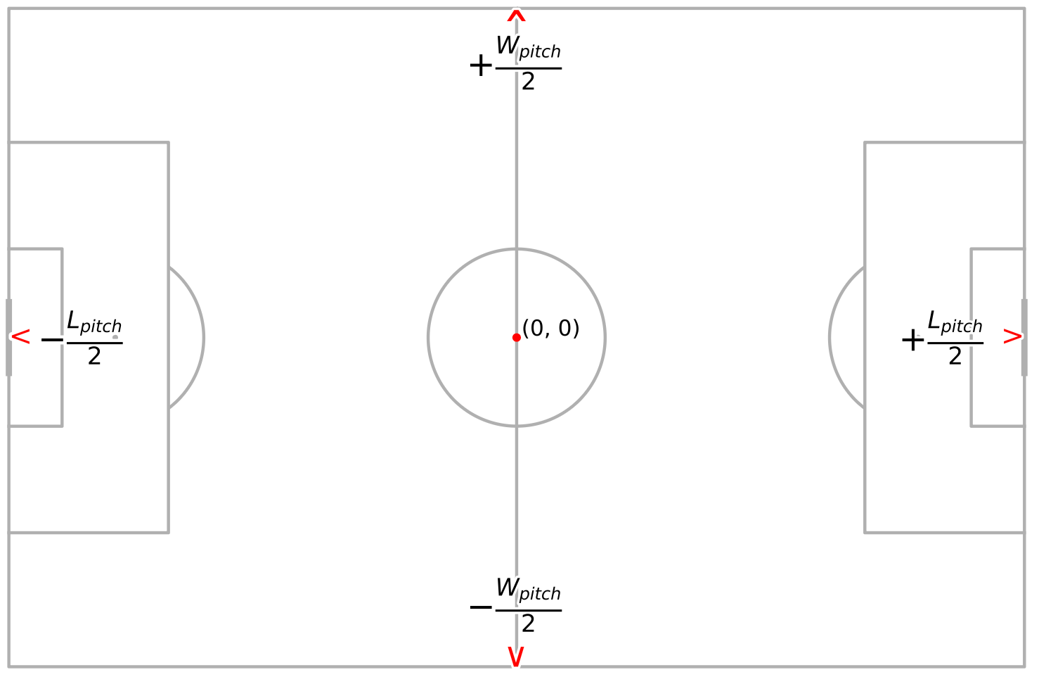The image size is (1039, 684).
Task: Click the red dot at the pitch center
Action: tap(517, 338)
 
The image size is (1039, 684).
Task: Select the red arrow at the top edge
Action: tap(517, 15)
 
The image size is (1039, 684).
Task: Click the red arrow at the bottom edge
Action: tap(516, 657)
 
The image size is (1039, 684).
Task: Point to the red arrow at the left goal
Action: tap(21, 338)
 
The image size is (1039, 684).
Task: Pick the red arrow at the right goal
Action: tap(1012, 338)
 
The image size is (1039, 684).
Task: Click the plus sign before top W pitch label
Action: tap(481, 66)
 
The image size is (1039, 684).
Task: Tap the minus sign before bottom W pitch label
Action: tap(481, 607)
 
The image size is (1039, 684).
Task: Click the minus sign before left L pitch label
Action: tap(52, 341)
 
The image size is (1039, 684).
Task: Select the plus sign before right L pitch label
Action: tap(912, 341)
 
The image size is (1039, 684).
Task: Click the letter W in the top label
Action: tap(507, 46)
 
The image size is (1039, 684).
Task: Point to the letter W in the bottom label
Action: tap(507, 588)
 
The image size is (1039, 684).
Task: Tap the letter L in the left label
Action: tap(72, 321)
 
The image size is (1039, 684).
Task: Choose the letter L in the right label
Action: tap(934, 321)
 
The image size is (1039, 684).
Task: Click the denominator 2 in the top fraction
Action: tap(528, 82)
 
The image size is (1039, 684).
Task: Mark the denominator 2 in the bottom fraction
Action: tap(528, 624)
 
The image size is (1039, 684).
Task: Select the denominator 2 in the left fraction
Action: tap(94, 357)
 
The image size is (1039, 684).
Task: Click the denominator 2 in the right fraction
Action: tap(955, 357)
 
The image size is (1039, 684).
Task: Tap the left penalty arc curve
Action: tap(203, 338)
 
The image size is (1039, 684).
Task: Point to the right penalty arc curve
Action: tap(830, 338)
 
